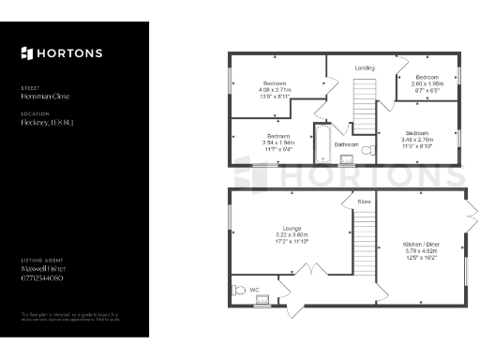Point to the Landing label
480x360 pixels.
[x=364, y=67]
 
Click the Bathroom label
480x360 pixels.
[x=347, y=145]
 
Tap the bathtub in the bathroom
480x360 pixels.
[x=322, y=143]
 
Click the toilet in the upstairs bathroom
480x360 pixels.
[x=367, y=150]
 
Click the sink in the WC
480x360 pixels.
[x=264, y=300]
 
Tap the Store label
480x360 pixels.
[x=364, y=202]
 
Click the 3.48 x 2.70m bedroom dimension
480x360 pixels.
[x=418, y=139]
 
